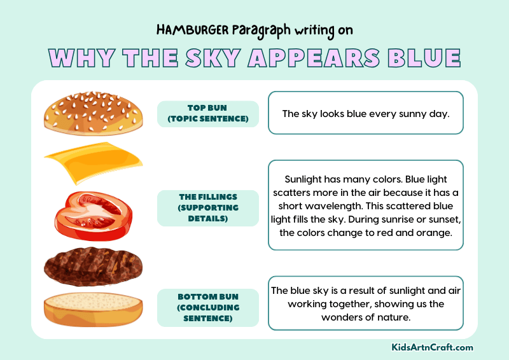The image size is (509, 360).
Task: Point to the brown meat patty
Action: tap(93, 265)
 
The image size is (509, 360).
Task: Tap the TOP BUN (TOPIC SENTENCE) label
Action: tap(208, 114)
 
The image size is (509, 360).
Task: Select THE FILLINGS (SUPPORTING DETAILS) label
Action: tap(208, 208)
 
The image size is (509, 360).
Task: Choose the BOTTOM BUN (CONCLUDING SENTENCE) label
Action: tap(208, 307)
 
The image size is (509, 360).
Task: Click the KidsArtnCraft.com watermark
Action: tap(432, 347)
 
